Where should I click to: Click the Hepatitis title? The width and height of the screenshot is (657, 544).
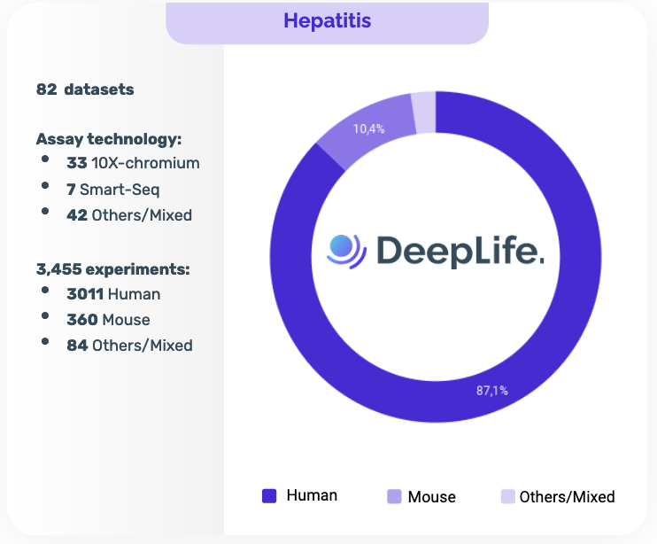pyautogui.click(x=327, y=20)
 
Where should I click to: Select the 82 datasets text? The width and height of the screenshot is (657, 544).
pyautogui.click(x=85, y=89)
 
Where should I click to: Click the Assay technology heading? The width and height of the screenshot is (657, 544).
pyautogui.click(x=109, y=139)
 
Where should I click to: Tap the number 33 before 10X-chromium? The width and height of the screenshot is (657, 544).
pyautogui.click(x=76, y=163)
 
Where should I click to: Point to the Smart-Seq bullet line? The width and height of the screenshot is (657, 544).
pyautogui.click(x=113, y=189)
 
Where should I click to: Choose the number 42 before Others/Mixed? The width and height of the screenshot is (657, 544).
pyautogui.click(x=76, y=215)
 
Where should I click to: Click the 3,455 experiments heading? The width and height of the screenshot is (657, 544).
pyautogui.click(x=113, y=268)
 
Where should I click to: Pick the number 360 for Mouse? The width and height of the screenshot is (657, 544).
pyautogui.click(x=82, y=320)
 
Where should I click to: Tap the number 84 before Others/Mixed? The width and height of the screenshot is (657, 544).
pyautogui.click(x=76, y=346)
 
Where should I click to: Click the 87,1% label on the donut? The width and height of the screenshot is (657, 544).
pyautogui.click(x=492, y=391)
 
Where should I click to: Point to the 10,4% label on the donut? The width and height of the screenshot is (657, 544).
pyautogui.click(x=368, y=128)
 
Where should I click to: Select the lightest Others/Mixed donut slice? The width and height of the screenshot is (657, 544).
pyautogui.click(x=424, y=112)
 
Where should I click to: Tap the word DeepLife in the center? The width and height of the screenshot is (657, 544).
pyautogui.click(x=459, y=251)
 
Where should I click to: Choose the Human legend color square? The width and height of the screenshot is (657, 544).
pyautogui.click(x=269, y=496)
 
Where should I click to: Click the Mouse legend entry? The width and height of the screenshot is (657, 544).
pyautogui.click(x=421, y=497)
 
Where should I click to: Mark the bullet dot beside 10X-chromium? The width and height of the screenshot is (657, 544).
pyautogui.click(x=45, y=159)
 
